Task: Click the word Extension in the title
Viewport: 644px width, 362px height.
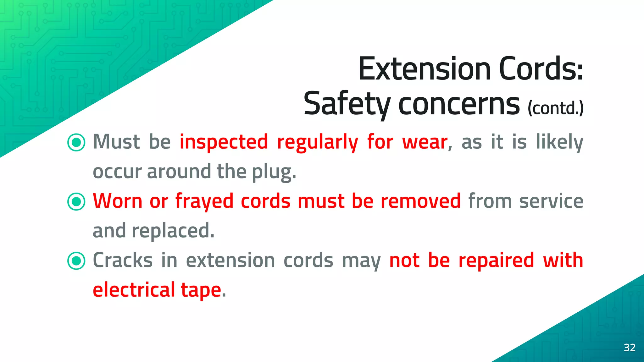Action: [425, 69]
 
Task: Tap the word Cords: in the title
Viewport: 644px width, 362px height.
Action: [541, 69]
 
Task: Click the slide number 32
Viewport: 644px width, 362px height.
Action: [630, 348]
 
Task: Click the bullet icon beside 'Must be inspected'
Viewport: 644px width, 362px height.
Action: [76, 142]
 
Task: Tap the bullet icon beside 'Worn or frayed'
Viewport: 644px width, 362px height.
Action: [76, 201]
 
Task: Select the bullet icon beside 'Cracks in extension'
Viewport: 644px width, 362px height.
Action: [76, 261]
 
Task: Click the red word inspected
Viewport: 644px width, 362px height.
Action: [224, 142]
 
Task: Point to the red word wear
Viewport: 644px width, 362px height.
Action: [425, 142]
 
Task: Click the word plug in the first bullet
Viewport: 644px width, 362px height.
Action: [272, 172]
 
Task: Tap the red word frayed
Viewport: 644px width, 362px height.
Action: [204, 201]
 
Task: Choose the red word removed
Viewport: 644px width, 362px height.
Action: [420, 201]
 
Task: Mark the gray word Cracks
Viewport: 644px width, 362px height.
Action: [123, 261]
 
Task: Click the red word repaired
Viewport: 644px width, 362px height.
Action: [496, 261]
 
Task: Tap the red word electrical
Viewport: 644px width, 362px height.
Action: [134, 290]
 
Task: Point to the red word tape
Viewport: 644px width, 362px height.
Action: [201, 290]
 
